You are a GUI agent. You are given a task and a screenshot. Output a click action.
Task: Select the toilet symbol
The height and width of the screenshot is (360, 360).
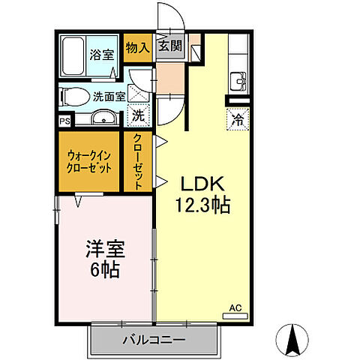pyautogui.click(x=73, y=95)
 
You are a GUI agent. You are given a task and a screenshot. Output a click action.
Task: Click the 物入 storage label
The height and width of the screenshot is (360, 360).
pyautogui.click(x=136, y=47)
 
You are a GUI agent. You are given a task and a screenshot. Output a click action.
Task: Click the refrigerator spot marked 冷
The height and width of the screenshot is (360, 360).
pyautogui.click(x=236, y=118)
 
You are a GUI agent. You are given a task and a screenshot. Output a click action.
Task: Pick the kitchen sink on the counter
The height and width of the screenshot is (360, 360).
pyautogui.click(x=238, y=79)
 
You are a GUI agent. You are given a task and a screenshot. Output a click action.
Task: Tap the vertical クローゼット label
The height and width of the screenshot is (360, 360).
pyautogui.click(x=139, y=160)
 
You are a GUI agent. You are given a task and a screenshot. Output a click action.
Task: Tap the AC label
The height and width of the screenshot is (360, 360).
pyautogui.click(x=235, y=308)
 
